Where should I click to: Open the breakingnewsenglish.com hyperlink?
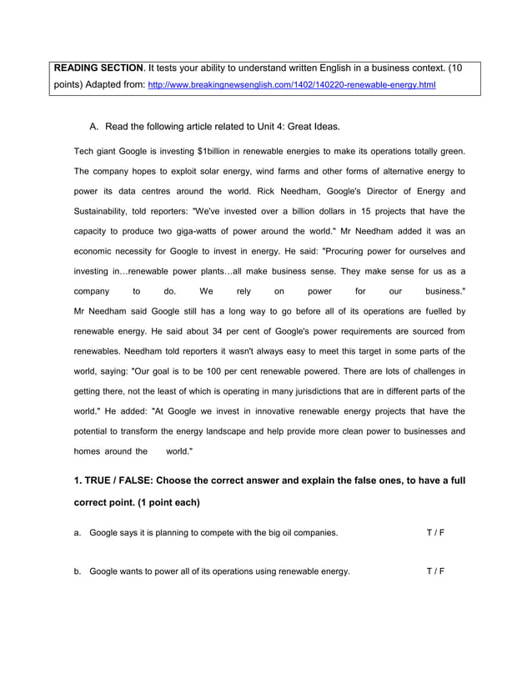(x=291, y=86)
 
